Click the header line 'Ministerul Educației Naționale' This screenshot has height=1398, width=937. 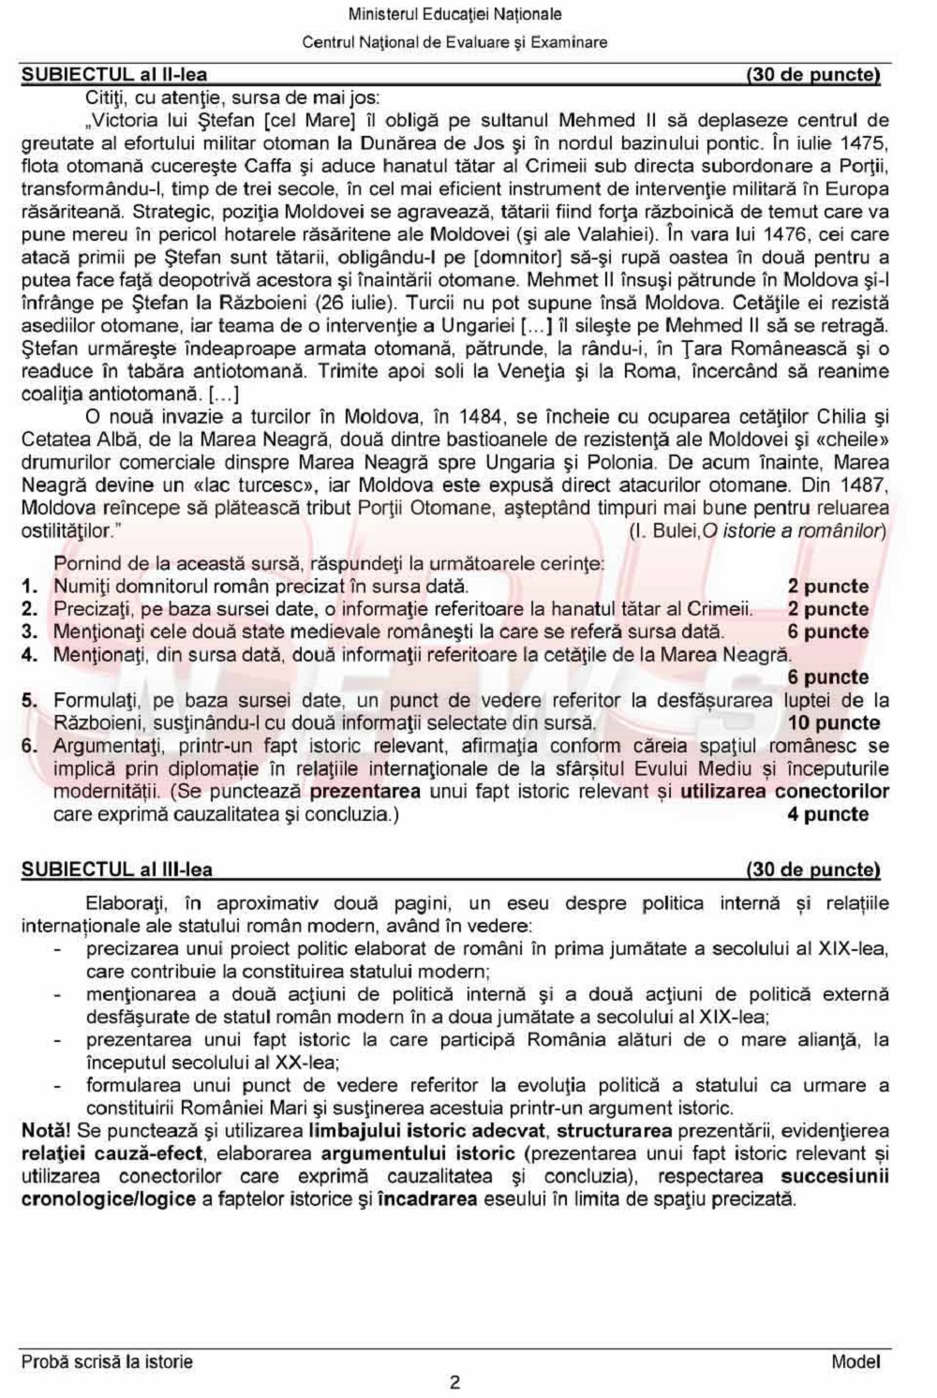[x=454, y=15]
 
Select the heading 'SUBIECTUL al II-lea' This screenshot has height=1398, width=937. [x=114, y=75]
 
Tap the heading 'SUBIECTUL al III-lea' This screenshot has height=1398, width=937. [x=117, y=870]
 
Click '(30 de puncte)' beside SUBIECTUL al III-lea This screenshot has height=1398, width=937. [x=813, y=870]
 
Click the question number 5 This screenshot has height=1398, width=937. [x=30, y=700]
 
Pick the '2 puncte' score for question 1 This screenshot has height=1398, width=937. [x=827, y=587]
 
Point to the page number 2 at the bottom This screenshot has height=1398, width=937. [x=455, y=1382]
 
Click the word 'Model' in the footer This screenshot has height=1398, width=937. [x=855, y=1361]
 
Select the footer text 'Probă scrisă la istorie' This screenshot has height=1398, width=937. [x=107, y=1361]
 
